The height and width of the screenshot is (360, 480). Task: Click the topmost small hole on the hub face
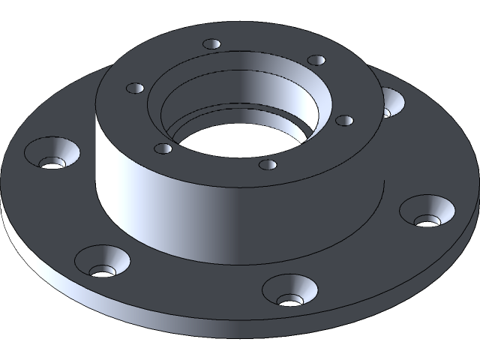(212, 45)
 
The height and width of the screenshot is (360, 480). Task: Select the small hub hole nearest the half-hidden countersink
(317, 60)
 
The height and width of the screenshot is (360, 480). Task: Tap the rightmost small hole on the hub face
(344, 120)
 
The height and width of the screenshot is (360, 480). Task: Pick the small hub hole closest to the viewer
(268, 163)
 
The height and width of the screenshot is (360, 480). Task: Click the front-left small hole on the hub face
(163, 148)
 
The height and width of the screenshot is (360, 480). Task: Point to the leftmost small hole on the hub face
(136, 88)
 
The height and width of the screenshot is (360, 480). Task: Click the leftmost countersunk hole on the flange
(52, 153)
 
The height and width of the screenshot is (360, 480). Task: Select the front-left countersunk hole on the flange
(103, 262)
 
